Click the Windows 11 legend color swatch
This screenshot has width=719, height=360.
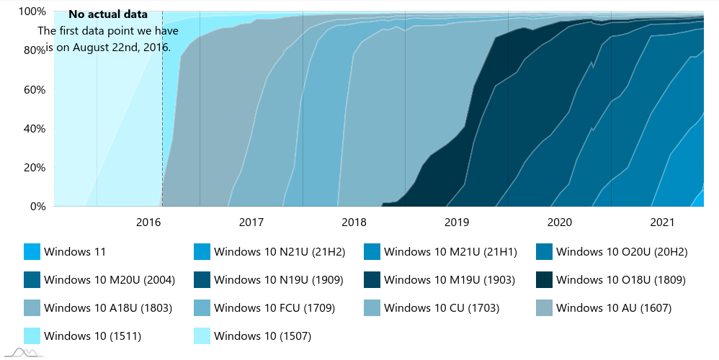pos(32,252)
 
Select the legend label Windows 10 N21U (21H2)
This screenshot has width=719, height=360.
pos(280,252)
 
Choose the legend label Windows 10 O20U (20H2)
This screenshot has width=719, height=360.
pos(622,252)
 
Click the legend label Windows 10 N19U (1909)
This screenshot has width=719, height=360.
pos(278,279)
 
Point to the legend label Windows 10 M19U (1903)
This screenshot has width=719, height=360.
pos(450,279)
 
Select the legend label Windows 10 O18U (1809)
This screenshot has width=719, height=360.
pos(621,279)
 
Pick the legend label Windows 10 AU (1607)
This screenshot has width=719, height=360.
pos(613,308)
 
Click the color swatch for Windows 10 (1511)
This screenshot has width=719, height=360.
pos(32,336)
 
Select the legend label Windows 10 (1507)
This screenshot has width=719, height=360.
pos(262,336)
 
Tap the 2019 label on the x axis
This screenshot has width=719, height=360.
pos(457,222)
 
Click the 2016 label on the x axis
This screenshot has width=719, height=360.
pos(148,222)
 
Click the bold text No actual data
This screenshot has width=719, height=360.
pos(108,14)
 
